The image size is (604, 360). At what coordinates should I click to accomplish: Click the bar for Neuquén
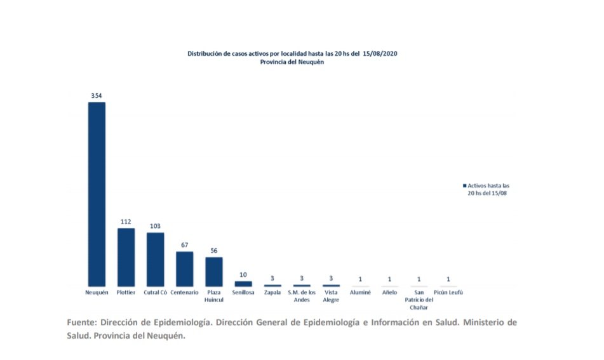pos(97,194)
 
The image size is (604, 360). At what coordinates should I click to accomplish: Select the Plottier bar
pos(126,257)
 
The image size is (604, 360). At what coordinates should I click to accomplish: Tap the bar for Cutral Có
pos(155,259)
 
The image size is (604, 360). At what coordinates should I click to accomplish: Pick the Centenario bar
pos(184,269)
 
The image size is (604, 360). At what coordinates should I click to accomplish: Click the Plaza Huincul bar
pos(214,271)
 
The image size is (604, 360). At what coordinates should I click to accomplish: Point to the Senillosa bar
pos(243,283)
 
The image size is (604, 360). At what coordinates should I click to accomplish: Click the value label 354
pos(97,95)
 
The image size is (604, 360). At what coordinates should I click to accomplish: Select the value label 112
pos(126,222)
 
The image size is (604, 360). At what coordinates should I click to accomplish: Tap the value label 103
pos(155,226)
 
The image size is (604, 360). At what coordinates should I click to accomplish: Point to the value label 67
pos(184,245)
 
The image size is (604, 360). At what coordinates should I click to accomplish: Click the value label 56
pos(214,251)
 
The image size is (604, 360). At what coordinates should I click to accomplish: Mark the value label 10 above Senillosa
pos(243,274)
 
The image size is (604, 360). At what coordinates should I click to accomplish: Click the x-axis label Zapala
pos(272,293)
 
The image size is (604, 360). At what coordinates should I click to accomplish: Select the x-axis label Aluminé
pos(360,293)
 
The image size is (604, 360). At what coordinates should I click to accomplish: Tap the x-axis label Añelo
pos(389,293)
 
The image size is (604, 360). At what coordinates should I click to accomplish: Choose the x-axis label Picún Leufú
pos(448,293)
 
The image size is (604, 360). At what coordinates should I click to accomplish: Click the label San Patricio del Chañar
pos(419,300)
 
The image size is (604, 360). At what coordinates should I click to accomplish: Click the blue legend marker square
pos(464,186)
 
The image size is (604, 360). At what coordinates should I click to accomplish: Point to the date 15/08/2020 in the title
pos(380,54)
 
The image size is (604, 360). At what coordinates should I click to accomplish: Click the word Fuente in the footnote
pos(81,323)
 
